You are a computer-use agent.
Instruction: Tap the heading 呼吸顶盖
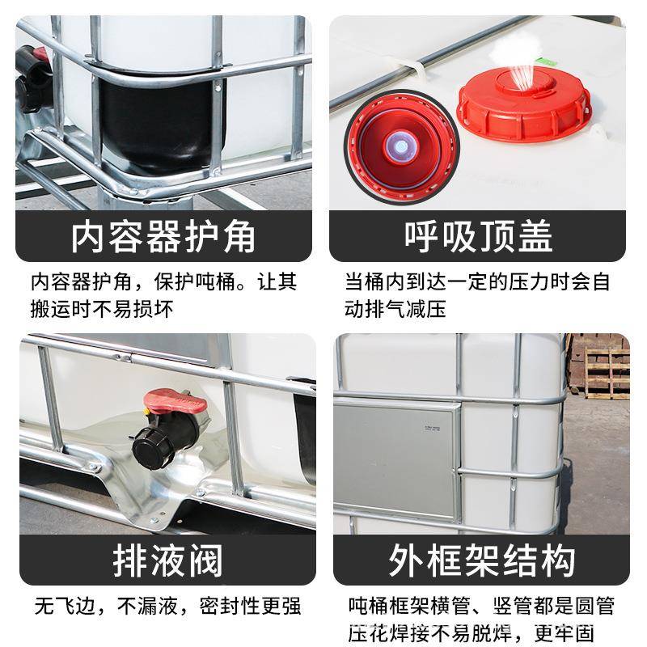point(479,237)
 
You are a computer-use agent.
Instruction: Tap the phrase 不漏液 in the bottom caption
point(144,606)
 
